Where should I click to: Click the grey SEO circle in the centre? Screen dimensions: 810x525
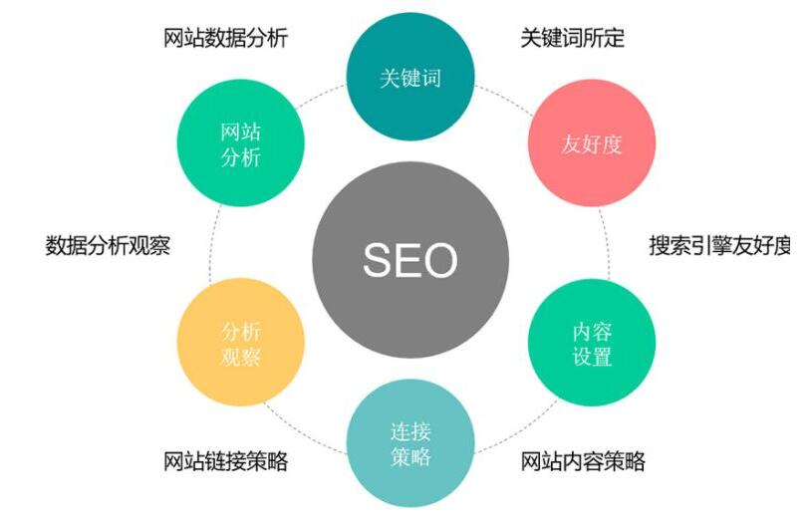pyautogui.click(x=410, y=259)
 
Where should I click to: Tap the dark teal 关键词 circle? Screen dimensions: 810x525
pyautogui.click(x=410, y=77)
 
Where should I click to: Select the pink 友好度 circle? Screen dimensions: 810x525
pyautogui.click(x=592, y=143)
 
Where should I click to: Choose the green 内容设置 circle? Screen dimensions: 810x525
pyautogui.click(x=592, y=342)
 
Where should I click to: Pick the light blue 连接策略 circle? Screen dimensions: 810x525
pyautogui.click(x=410, y=443)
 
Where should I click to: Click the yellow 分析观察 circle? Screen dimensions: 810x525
pyautogui.click(x=241, y=342)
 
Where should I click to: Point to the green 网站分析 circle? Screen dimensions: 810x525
pyautogui.click(x=241, y=142)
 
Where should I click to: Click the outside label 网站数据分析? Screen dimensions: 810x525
pyautogui.click(x=226, y=38)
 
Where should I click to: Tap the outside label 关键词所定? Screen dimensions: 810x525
pyautogui.click(x=572, y=38)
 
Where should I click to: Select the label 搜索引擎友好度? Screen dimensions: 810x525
pyautogui.click(x=719, y=245)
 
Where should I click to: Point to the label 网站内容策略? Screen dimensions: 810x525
pyautogui.click(x=583, y=460)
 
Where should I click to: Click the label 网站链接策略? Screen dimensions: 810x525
pyautogui.click(x=226, y=460)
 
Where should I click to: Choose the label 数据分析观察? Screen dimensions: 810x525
pyautogui.click(x=108, y=245)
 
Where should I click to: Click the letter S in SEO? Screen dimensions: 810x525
pyautogui.click(x=379, y=259)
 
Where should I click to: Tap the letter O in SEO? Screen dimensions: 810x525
pyautogui.click(x=440, y=259)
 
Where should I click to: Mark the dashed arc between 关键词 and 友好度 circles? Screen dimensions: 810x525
pyautogui.click(x=505, y=98)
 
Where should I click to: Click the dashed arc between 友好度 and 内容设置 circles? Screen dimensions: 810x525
pyautogui.click(x=606, y=243)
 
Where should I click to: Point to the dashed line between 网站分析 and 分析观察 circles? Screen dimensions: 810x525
pyautogui.click(x=213, y=243)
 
